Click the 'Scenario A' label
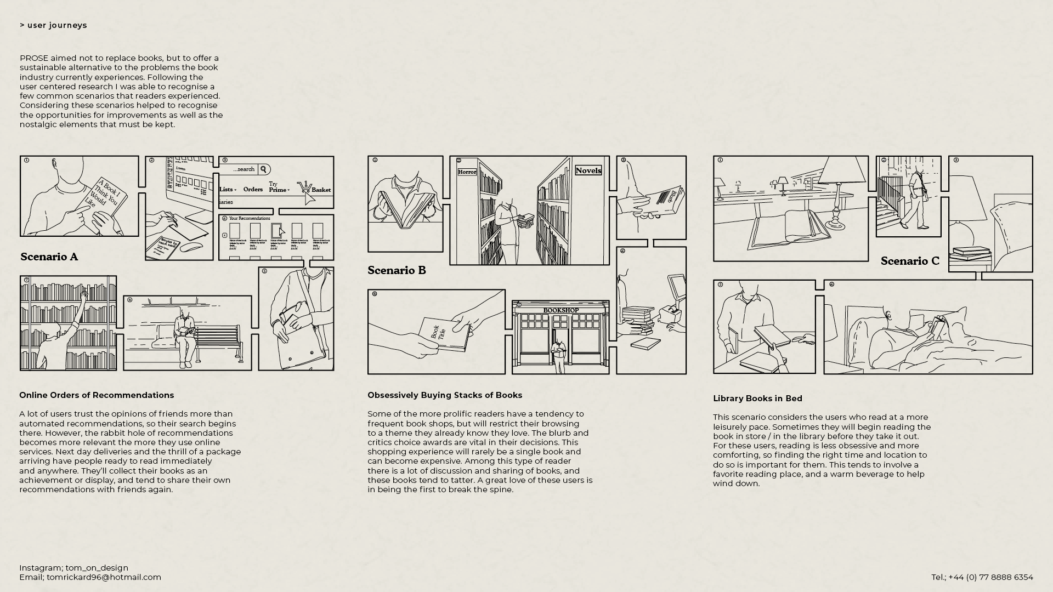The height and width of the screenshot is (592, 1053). tap(49, 257)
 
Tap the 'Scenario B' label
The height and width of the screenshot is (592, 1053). tap(397, 270)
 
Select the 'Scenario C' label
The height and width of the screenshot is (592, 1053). tap(910, 261)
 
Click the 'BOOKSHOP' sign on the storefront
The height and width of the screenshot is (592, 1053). tap(561, 310)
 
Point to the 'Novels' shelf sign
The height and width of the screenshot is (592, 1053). tap(588, 170)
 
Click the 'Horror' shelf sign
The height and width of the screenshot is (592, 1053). tap(467, 172)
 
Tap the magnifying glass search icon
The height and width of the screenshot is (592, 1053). tap(263, 169)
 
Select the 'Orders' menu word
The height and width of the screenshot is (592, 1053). tap(253, 189)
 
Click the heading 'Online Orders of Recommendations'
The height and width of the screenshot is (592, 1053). tap(97, 395)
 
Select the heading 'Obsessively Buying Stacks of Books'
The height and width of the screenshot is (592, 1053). tap(445, 395)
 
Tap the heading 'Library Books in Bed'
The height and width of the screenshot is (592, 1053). tap(757, 399)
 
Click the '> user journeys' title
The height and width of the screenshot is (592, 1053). tap(53, 25)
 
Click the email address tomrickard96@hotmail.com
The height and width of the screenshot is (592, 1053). tap(104, 577)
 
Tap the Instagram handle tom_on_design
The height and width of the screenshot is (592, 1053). tap(97, 568)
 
